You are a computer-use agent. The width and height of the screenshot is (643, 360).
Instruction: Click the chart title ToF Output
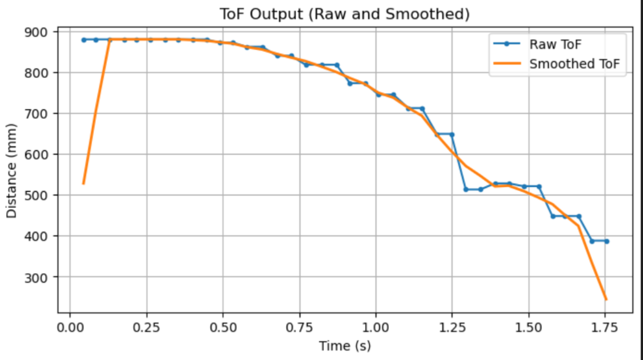[344, 14]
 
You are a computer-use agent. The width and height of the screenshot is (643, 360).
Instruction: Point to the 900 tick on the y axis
[36, 32]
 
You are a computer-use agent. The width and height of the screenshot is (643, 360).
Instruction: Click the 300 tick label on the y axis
[36, 277]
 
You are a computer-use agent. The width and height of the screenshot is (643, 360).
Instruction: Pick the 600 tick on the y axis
[36, 154]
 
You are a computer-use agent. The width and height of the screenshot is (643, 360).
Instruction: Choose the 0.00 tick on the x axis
[70, 328]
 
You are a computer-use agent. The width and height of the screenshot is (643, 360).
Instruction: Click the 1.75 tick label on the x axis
[605, 328]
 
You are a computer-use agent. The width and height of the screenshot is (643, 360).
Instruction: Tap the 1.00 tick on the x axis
[375, 328]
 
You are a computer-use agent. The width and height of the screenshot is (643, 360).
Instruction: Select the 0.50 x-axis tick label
[222, 328]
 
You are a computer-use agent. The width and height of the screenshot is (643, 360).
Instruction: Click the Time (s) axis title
[345, 346]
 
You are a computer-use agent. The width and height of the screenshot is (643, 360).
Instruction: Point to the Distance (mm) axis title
[12, 171]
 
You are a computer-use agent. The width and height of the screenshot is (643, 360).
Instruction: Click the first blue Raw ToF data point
[84, 40]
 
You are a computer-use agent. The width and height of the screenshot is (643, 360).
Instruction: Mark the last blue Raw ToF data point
[606, 241]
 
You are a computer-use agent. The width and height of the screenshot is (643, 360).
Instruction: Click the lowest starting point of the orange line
[84, 184]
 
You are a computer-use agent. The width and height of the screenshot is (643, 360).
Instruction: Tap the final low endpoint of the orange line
[606, 299]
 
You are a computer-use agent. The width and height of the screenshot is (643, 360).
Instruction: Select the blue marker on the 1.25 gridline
[452, 135]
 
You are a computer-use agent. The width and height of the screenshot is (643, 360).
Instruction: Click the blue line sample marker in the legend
[507, 44]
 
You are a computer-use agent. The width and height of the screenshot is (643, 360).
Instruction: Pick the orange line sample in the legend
[507, 64]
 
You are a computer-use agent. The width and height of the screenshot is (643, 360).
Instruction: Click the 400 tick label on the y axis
[36, 236]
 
